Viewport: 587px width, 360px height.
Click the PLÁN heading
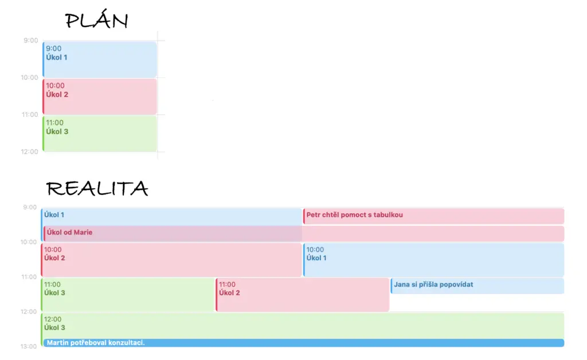tap(96, 20)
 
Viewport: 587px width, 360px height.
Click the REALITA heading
tap(97, 188)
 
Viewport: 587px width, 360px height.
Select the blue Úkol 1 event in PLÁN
tap(100, 60)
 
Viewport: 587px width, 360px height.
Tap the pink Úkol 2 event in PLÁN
tap(100, 96)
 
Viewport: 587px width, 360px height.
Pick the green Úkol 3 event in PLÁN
tap(100, 134)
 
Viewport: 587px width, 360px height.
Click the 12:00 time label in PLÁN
tap(29, 151)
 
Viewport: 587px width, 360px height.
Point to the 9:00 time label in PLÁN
tap(31, 41)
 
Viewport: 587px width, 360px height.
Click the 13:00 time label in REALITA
tap(29, 346)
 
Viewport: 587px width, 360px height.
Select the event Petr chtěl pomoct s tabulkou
tap(433, 216)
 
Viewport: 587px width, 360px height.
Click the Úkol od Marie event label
tap(69, 232)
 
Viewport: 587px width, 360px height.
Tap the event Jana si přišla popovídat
tap(478, 286)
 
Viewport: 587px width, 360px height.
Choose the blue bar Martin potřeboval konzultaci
tap(304, 343)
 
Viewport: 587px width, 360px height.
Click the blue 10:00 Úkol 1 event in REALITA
tap(433, 260)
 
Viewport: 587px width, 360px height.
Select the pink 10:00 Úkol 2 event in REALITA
tap(171, 260)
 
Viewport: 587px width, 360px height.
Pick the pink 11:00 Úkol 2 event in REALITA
tap(303, 295)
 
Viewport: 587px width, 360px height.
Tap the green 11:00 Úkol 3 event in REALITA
tap(128, 295)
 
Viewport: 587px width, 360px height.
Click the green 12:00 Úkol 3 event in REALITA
tap(303, 326)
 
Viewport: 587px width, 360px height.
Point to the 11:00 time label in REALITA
tap(29, 277)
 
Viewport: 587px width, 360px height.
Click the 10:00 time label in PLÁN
tap(29, 77)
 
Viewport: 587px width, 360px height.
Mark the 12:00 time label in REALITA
tap(29, 312)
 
